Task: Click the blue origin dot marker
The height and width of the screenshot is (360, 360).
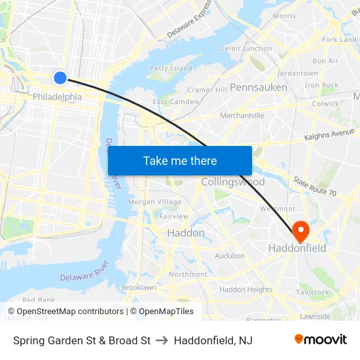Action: click(x=60, y=78)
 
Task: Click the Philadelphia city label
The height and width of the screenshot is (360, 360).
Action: click(x=57, y=97)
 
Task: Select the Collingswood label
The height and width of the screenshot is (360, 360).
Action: click(x=233, y=182)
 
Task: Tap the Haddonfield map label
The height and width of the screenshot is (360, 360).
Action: click(x=297, y=249)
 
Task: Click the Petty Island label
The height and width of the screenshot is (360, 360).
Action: click(x=171, y=68)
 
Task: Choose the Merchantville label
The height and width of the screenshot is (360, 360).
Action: click(x=242, y=116)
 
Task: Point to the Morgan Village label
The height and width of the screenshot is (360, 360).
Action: click(x=154, y=202)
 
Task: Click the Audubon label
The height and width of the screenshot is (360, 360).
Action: click(x=230, y=256)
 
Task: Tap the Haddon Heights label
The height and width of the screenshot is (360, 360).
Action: click(x=245, y=289)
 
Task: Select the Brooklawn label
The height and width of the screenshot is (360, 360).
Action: click(x=139, y=287)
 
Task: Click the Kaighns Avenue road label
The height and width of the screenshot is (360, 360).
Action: click(x=329, y=135)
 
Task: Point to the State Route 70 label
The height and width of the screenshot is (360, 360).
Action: click(x=314, y=187)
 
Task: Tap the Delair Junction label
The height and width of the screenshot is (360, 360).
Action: click(x=246, y=48)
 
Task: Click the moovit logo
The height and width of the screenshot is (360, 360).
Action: click(x=321, y=340)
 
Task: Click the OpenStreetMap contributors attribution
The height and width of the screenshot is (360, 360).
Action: click(x=65, y=312)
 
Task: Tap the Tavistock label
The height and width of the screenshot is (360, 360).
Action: click(x=312, y=292)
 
